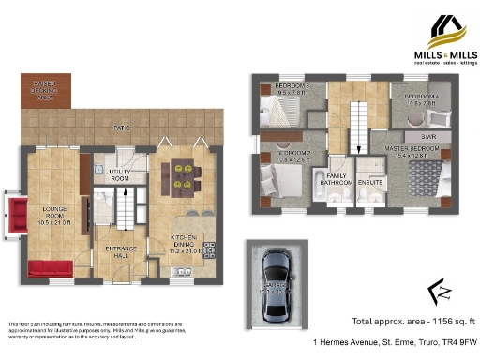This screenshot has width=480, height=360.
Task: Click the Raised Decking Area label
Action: tap(35, 91)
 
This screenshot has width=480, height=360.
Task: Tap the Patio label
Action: tap(121, 127)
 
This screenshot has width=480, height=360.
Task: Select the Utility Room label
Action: tap(119, 174)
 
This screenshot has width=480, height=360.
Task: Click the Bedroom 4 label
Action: tap(421, 98)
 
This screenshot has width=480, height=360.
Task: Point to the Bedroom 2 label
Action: tap(293, 155)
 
